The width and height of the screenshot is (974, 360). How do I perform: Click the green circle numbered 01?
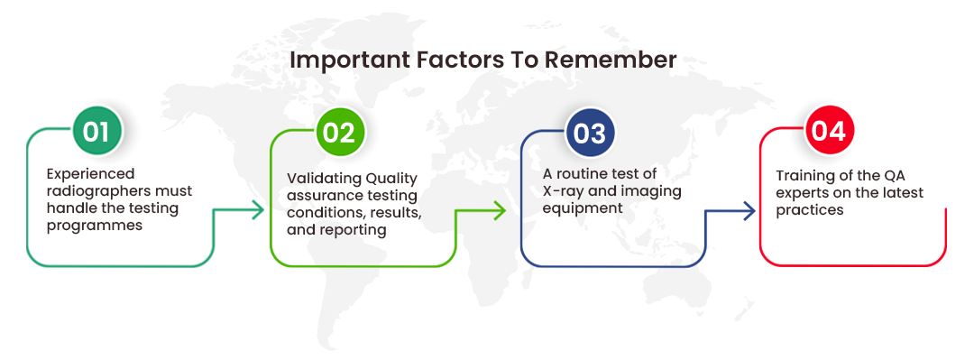coord(96,132)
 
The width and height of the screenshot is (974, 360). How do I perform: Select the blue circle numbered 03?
coord(590,133)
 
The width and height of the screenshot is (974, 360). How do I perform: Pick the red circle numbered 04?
coord(828,132)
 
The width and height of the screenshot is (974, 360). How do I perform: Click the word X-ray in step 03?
coord(562,190)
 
